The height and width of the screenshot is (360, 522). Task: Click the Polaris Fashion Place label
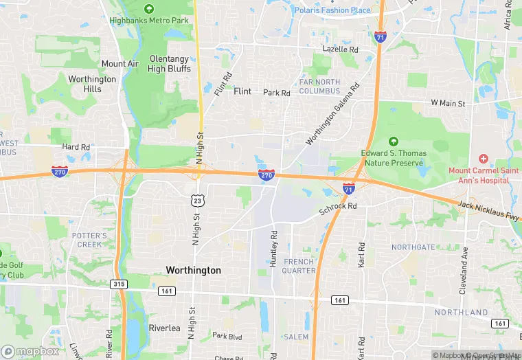(332, 10)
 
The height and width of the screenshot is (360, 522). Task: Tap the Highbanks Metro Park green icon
(149, 9)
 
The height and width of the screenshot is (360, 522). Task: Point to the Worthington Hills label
(92, 84)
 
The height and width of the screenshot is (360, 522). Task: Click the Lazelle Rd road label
(341, 49)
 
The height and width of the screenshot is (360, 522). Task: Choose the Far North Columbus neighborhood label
(319, 87)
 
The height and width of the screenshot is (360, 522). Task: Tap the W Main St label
(448, 103)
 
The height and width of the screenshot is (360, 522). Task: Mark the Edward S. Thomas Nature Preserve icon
(394, 141)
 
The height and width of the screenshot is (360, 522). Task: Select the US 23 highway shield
(196, 200)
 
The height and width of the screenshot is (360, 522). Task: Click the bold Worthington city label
(194, 271)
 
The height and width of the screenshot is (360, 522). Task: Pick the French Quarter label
(299, 266)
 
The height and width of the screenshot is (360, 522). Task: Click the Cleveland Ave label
(463, 262)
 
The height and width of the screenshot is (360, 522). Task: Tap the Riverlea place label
(164, 328)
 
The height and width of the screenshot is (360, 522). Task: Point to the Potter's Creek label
(90, 240)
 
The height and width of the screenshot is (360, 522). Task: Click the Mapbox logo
(30, 351)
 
